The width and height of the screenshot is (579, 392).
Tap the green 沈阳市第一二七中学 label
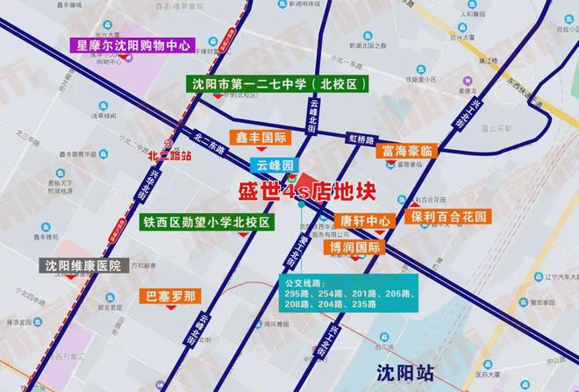278,85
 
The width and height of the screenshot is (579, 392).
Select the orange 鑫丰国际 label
261,138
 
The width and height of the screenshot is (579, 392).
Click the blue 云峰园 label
275,165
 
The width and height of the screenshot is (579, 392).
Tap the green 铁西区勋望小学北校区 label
207,223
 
